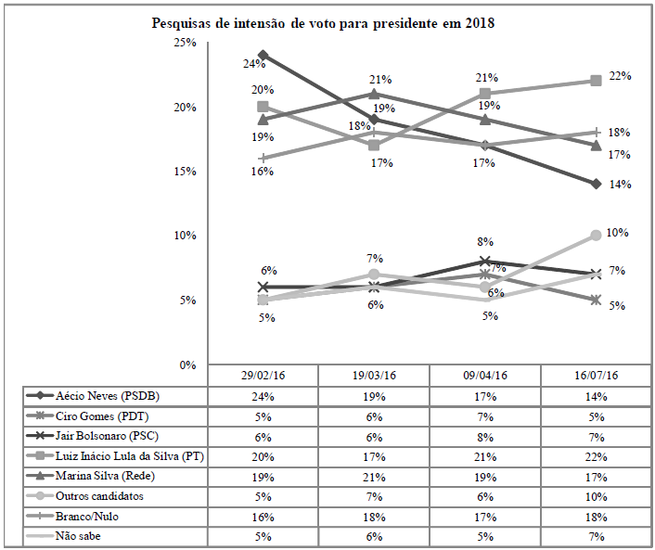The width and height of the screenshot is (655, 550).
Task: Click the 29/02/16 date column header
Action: [x=263, y=376]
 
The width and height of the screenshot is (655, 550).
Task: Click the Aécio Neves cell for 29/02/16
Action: [x=263, y=397]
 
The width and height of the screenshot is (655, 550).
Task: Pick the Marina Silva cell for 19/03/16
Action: [x=373, y=477]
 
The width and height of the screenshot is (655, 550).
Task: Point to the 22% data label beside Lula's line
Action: [x=620, y=76]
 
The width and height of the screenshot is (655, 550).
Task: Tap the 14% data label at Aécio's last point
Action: [x=620, y=185]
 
